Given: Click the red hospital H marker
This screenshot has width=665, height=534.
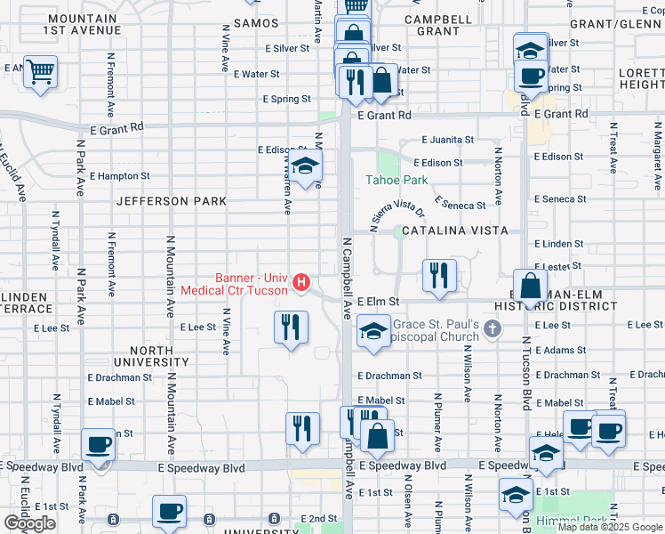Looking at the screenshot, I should [301, 283].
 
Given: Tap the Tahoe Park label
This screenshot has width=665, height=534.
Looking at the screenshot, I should [397, 180].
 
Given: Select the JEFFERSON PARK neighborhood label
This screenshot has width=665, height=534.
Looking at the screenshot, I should [172, 202].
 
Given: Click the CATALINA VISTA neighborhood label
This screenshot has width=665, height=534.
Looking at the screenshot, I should [454, 231].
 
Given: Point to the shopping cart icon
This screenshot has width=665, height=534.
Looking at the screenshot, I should [40, 70].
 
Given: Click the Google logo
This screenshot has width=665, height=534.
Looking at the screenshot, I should [29, 523].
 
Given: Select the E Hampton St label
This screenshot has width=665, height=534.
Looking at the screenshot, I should [119, 176].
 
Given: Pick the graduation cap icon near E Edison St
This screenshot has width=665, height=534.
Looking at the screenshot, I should [305, 166].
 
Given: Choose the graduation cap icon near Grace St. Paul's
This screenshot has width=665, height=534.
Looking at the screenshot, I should [373, 333].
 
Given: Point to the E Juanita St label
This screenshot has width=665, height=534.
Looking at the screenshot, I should [446, 140].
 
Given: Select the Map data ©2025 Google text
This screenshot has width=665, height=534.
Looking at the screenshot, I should [610, 527].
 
